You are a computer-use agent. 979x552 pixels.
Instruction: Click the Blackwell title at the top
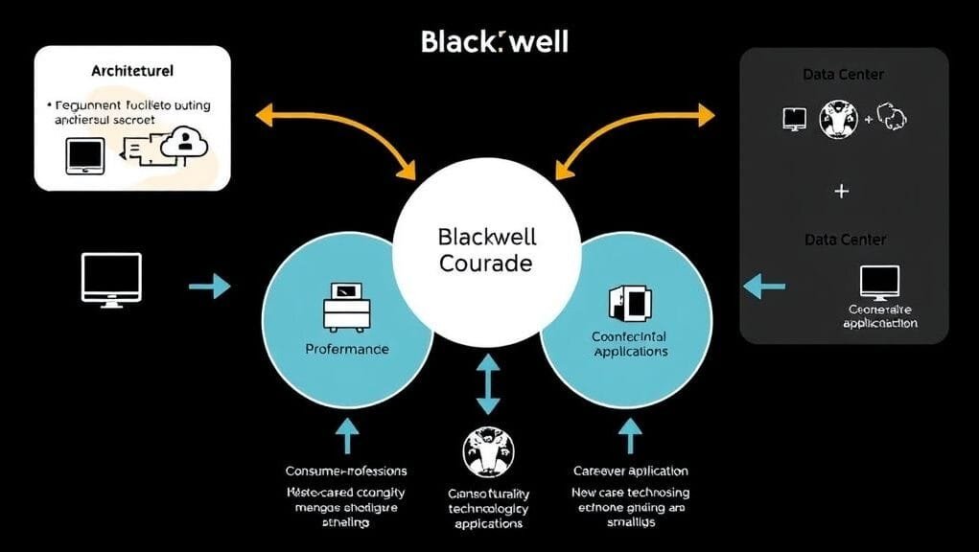494,41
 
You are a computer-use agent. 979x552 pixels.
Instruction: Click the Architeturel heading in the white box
132,71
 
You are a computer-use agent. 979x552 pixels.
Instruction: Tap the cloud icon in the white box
185,143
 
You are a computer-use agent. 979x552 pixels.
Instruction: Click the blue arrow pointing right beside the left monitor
210,286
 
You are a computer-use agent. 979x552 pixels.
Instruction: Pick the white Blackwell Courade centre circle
486,251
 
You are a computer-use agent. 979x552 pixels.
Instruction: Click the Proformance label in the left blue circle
347,349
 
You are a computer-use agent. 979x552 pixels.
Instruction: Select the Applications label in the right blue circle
630,352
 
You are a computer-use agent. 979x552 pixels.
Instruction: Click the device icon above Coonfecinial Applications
629,303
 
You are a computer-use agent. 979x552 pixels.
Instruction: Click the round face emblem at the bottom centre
488,452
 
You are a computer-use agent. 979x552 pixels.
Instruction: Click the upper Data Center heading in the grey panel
843,74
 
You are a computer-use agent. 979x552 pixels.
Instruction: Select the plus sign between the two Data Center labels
842,192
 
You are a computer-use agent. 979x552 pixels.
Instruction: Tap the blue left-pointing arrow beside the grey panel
764,285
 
